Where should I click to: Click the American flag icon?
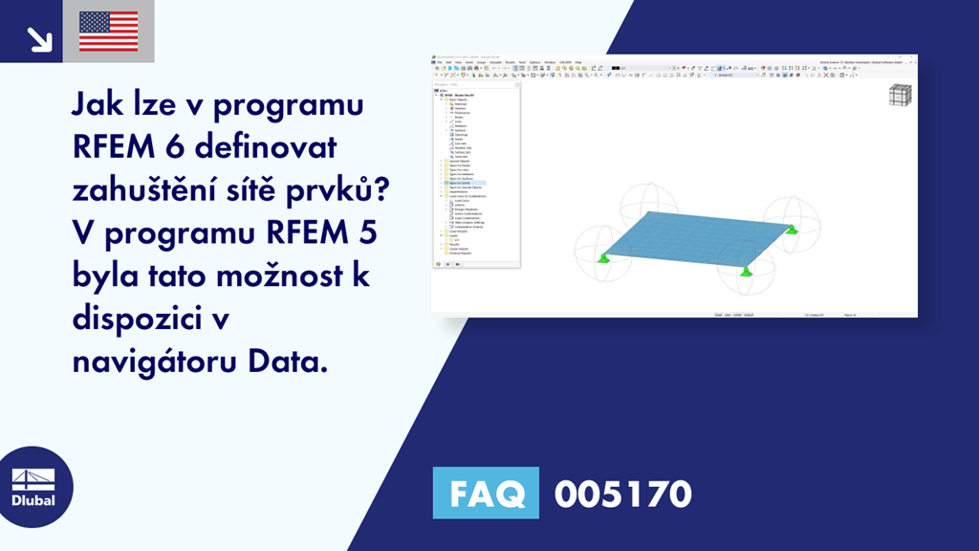pos(108,32)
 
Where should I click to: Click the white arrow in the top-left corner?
pos(38,38)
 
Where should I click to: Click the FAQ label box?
pos(486,494)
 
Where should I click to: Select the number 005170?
pos(622,494)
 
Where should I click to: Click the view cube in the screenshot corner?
pos(900,97)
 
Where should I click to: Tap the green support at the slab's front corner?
pos(747,271)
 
